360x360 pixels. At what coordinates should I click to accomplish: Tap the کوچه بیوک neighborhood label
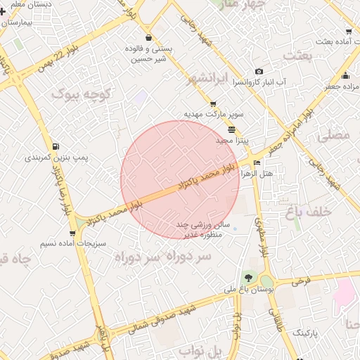pyautogui.click(x=82, y=94)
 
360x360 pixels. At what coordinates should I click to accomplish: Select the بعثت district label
pyautogui.click(x=301, y=56)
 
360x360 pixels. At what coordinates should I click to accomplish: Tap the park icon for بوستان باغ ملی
pyautogui.click(x=247, y=275)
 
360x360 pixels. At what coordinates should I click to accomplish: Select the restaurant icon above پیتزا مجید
pyautogui.click(x=232, y=129)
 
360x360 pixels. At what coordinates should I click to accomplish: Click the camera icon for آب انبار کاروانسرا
pyautogui.click(x=259, y=71)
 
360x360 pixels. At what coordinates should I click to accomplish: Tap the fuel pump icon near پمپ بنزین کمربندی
pyautogui.click(x=27, y=148)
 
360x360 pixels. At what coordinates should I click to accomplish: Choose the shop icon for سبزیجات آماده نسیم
pyautogui.click(x=72, y=233)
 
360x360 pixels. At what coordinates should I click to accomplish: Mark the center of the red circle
pyautogui.click(x=180, y=180)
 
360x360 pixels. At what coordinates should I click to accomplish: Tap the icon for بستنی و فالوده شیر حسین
pyautogui.click(x=148, y=38)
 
